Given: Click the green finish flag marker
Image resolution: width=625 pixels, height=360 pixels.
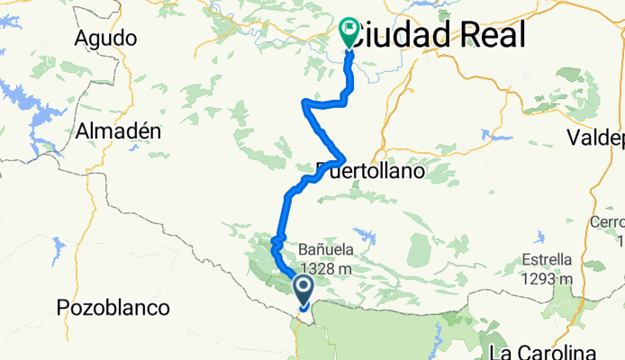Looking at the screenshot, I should [x=349, y=32].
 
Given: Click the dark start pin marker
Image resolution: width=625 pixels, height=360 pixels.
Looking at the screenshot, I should [x=303, y=289].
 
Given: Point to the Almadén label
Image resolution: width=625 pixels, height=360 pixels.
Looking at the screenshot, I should [x=118, y=130].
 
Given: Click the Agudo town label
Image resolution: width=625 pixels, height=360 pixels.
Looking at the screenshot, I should [x=107, y=39].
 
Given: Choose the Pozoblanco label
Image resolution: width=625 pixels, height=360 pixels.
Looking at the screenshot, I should [x=113, y=308].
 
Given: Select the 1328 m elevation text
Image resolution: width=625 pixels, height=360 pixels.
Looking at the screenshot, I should [x=325, y=267].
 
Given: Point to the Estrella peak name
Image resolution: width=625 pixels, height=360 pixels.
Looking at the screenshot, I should [x=546, y=260].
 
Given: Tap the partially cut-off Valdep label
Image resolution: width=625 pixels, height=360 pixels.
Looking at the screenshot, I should [x=595, y=138].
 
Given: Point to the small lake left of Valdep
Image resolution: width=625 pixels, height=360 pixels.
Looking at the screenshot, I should [x=492, y=136].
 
